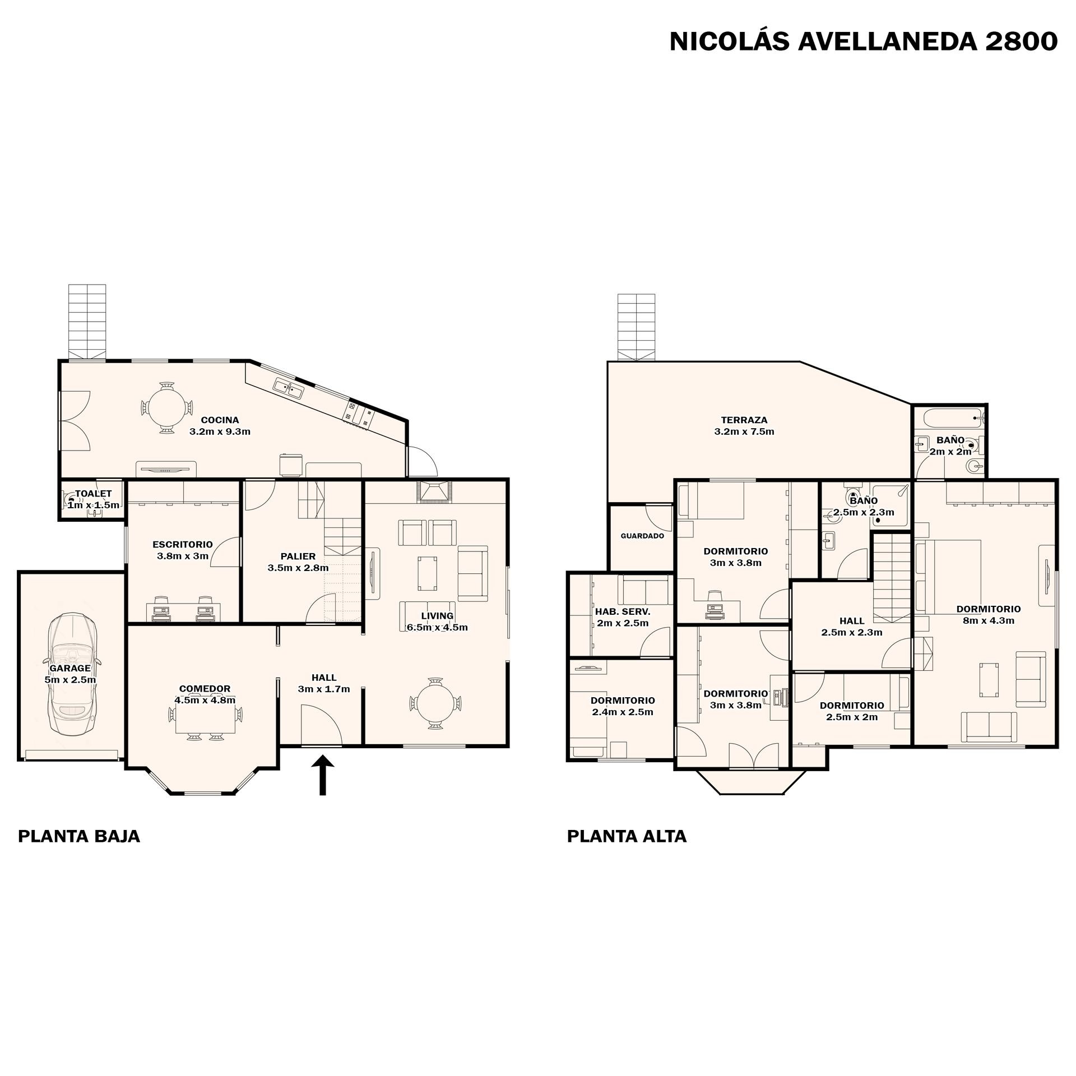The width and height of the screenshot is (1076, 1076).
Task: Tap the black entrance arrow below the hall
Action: [323, 775]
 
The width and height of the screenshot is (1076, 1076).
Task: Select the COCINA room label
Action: [220, 420]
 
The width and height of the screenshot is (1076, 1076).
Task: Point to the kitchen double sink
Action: [289, 387]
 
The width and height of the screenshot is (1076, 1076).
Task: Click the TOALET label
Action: [94, 494]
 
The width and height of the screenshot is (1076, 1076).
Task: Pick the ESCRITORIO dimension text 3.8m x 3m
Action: [183, 556]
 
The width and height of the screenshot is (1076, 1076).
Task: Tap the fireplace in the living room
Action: [434, 491]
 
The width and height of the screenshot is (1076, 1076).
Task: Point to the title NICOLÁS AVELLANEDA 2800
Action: [864, 41]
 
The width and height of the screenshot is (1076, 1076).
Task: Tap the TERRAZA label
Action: [744, 420]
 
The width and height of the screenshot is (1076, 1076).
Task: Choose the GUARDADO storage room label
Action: [642, 536]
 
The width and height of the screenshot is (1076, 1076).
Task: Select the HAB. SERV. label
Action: [623, 611]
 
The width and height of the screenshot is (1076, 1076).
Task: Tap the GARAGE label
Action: [70, 668]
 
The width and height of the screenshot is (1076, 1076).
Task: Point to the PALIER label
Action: [298, 556]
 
